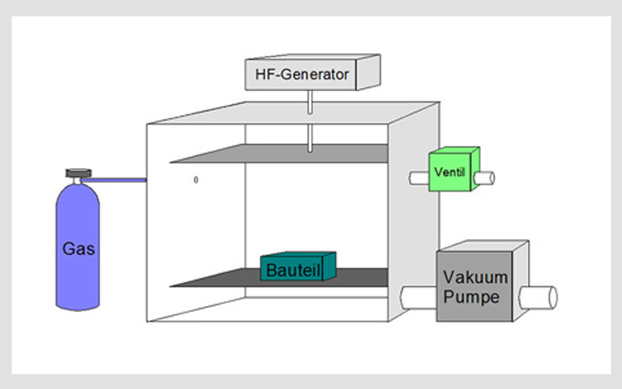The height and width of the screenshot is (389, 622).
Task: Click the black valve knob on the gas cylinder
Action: (x=76, y=172)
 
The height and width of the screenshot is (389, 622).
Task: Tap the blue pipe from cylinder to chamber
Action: (x=117, y=181)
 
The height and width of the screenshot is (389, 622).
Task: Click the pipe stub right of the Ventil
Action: (x=487, y=177)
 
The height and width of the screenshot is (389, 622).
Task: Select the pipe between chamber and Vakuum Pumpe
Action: (x=419, y=296)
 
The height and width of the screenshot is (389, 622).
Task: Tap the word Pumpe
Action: (x=471, y=296)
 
